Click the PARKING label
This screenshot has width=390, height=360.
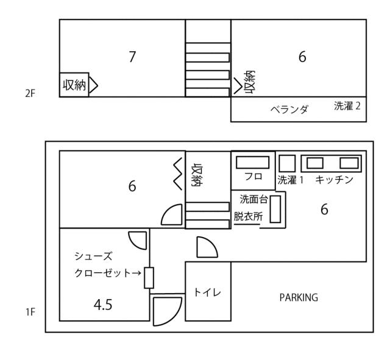(x=299, y=298)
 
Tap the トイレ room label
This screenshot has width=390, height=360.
(x=207, y=292)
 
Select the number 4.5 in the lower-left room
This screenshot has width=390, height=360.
(x=103, y=305)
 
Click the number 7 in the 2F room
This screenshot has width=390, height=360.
(x=132, y=57)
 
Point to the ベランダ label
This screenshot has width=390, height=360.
(x=289, y=110)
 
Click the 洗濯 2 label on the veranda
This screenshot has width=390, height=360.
(x=347, y=106)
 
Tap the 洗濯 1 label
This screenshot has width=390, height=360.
(x=291, y=180)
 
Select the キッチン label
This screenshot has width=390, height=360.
(x=335, y=180)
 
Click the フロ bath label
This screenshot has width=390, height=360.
(x=253, y=176)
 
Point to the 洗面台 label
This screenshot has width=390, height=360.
(x=253, y=199)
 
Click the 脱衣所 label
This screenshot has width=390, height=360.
(x=248, y=216)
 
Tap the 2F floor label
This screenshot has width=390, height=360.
(x=30, y=93)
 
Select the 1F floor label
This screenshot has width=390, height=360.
(x=30, y=312)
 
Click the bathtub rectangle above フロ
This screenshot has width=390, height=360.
(x=252, y=163)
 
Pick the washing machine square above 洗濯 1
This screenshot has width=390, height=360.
(x=287, y=163)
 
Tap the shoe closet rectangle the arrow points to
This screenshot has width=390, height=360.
(x=149, y=278)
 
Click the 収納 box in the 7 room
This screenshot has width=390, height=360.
(x=74, y=85)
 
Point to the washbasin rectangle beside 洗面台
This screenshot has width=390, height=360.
(x=275, y=209)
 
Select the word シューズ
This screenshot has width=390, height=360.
(x=93, y=256)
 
